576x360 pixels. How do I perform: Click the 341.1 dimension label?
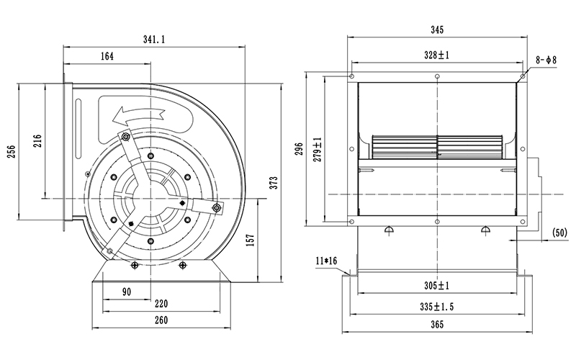[x=154, y=40]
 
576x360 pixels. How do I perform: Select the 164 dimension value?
[x=107, y=56]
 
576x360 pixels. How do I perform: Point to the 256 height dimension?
[x=12, y=151]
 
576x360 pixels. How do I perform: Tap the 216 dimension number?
[x=38, y=140]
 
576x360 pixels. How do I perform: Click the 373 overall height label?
[x=274, y=183]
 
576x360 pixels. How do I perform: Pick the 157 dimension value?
[x=251, y=240]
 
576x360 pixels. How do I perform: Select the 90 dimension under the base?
[x=127, y=292]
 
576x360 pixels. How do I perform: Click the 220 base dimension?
[x=161, y=304]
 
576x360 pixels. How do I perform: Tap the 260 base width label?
[x=161, y=320]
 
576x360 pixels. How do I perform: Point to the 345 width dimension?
[x=437, y=30]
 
